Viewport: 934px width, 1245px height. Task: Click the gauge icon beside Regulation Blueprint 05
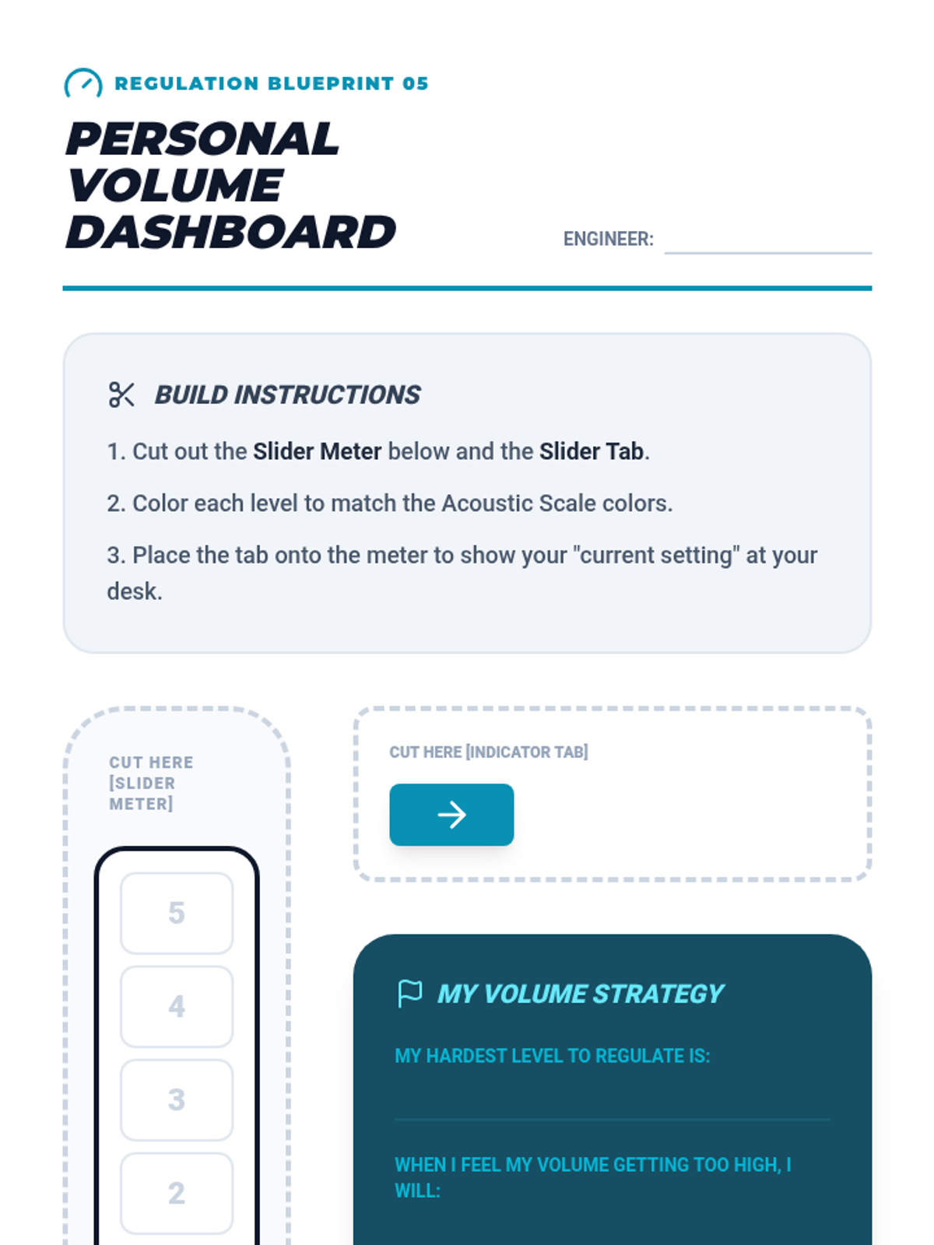click(x=83, y=83)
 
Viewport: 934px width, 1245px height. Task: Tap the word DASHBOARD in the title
click(x=230, y=232)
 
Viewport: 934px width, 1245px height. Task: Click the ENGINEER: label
click(x=608, y=239)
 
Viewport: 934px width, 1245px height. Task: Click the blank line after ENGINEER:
click(x=767, y=243)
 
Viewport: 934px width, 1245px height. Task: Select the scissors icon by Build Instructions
click(x=121, y=395)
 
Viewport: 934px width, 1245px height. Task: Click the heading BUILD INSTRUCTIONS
click(x=287, y=395)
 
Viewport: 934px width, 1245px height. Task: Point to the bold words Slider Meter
click(x=317, y=451)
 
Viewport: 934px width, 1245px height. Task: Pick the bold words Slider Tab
click(x=592, y=451)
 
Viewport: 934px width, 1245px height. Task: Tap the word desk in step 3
click(x=134, y=591)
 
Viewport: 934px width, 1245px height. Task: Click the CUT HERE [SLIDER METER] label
click(x=150, y=783)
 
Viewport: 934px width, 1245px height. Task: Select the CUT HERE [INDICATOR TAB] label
click(x=488, y=752)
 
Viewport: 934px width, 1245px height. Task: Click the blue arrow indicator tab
click(x=451, y=815)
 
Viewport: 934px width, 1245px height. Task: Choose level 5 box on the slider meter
click(x=177, y=913)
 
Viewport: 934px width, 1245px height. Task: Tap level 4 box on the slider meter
click(x=177, y=1006)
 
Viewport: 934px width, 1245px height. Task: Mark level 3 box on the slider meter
click(x=177, y=1099)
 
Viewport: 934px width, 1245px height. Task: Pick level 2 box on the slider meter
click(x=177, y=1193)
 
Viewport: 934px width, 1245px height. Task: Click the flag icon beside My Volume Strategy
click(x=409, y=993)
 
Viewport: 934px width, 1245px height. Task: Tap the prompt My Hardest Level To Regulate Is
click(x=552, y=1056)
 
